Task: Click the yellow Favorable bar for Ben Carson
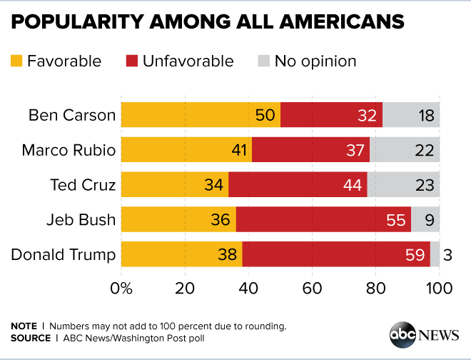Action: click(200, 114)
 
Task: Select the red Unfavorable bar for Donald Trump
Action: click(335, 254)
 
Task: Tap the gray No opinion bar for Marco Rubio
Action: click(405, 149)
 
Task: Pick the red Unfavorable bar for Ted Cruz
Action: click(298, 184)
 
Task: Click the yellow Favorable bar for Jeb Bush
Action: click(178, 219)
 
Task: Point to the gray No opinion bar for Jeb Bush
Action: click(425, 219)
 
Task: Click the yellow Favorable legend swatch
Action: click(16, 61)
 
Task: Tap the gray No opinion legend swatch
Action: click(262, 61)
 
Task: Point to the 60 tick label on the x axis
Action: click(312, 289)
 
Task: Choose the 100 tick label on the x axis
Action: click(439, 289)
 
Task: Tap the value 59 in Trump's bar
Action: click(415, 255)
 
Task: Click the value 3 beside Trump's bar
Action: click(447, 255)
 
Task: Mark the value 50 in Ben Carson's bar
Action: click(265, 115)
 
